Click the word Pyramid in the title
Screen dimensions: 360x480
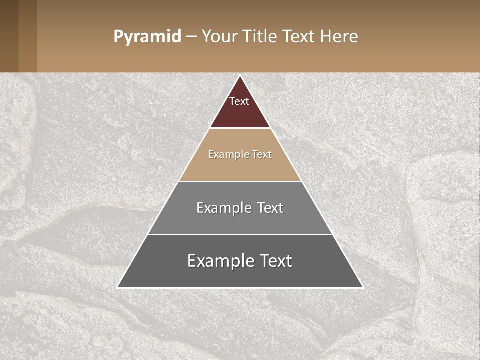[147, 36]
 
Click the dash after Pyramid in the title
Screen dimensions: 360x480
[191, 37]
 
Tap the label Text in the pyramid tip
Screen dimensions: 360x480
[239, 101]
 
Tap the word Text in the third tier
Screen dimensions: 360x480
[270, 208]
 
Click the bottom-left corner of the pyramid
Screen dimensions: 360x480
[118, 287]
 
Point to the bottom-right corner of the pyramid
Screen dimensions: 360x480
[362, 287]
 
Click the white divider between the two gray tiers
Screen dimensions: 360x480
[240, 234]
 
